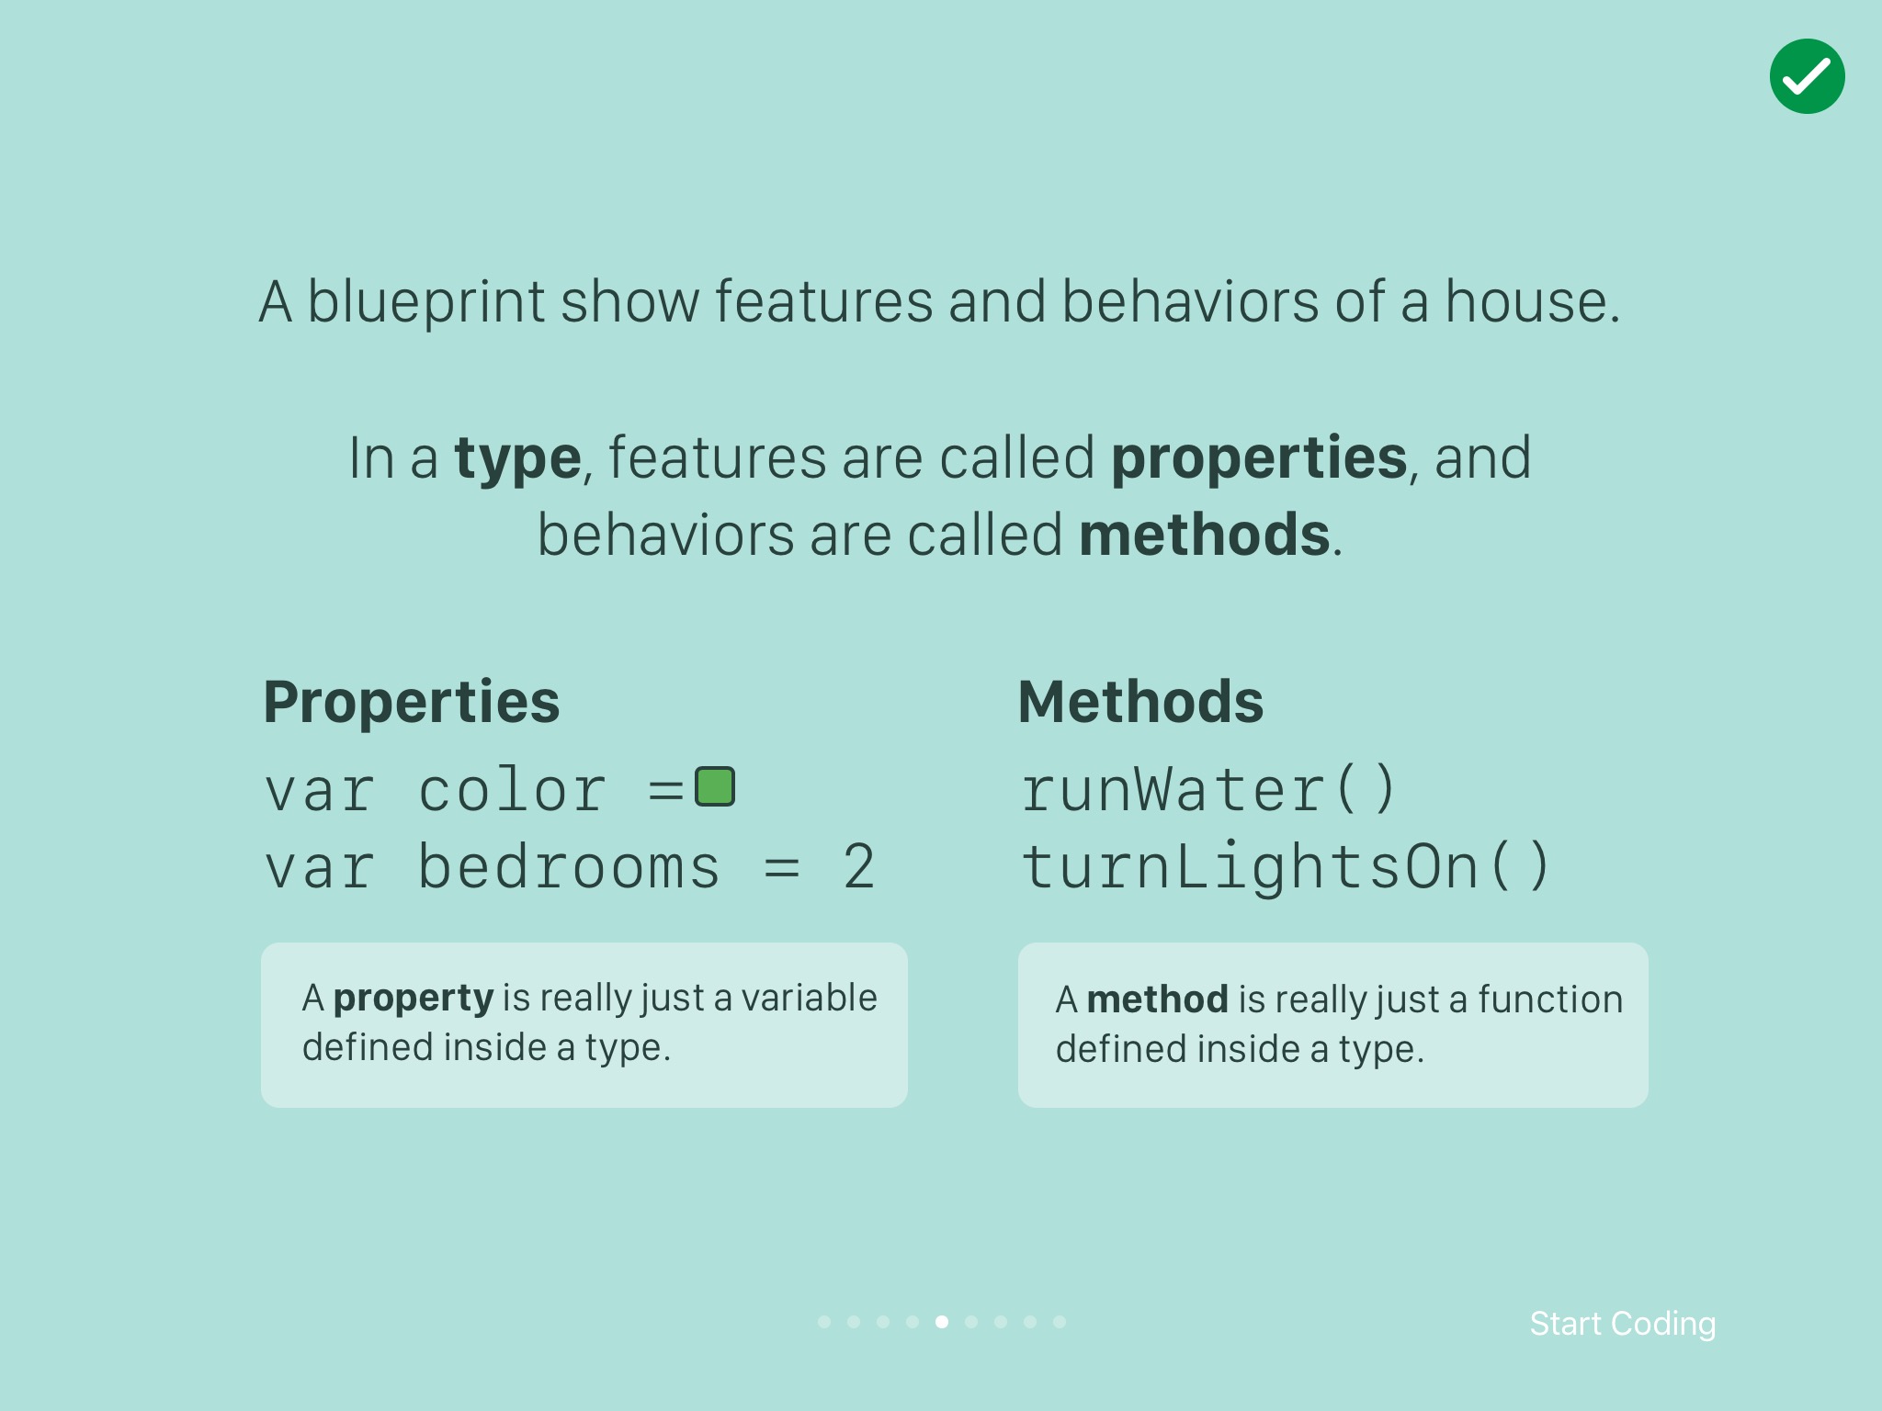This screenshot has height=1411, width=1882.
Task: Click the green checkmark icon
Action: tap(1807, 76)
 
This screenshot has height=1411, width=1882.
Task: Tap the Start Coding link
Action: tap(1623, 1324)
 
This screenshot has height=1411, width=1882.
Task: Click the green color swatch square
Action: tap(715, 786)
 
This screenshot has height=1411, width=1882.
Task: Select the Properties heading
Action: tap(412, 703)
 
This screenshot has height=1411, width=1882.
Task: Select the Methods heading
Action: tap(1140, 702)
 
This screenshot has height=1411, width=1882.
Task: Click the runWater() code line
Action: tap(1208, 790)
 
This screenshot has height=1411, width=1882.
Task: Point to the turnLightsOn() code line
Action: tap(1286, 867)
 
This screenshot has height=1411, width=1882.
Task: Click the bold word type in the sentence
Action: tap(517, 459)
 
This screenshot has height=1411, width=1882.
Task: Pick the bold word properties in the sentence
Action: tap(1259, 459)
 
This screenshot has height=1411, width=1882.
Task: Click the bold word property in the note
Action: tap(414, 999)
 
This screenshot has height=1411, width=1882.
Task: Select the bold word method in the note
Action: tap(1157, 999)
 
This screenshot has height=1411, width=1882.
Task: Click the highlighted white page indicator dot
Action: tap(942, 1322)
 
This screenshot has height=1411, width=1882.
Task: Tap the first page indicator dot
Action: tap(824, 1322)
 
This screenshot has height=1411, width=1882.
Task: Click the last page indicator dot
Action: tap(1060, 1322)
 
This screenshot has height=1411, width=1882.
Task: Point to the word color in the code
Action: tap(512, 790)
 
